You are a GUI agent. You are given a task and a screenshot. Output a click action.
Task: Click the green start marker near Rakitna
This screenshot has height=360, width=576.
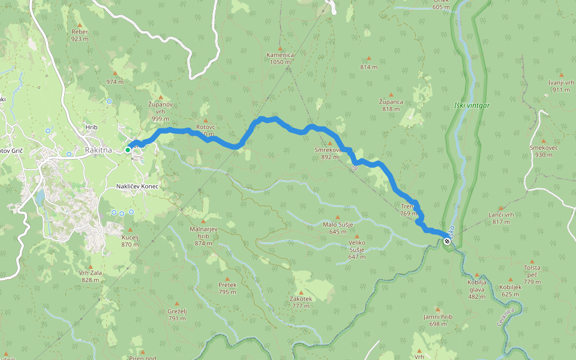pos(128,150)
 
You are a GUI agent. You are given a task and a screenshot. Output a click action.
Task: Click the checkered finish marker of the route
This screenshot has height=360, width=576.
pos(447,241)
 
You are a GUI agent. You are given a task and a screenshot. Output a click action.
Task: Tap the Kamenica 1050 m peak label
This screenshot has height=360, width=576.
pos(281,58)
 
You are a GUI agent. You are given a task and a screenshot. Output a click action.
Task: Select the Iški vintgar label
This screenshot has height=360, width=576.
pos(472,106)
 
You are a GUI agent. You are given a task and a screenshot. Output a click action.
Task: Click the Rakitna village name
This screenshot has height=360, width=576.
pos(98,149)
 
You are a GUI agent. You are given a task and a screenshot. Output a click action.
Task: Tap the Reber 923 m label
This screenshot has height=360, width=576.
pos(80,35)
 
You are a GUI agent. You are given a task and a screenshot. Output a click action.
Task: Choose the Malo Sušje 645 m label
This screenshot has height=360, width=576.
pos(337,227)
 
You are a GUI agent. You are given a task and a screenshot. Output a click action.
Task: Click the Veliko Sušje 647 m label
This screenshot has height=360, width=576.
pos(357,253)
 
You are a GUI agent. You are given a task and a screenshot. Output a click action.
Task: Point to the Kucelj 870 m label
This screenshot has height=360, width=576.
pos(130,241)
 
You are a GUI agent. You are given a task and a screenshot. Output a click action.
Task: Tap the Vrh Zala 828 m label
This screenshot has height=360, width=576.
pos(91,277)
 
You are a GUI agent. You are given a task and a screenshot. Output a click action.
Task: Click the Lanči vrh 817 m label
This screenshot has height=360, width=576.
pos(501,218)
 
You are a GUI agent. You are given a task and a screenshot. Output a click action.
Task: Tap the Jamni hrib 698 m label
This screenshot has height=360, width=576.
pos(438,320)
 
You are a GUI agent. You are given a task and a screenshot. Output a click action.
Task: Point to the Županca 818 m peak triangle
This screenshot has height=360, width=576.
pos(391,95)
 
